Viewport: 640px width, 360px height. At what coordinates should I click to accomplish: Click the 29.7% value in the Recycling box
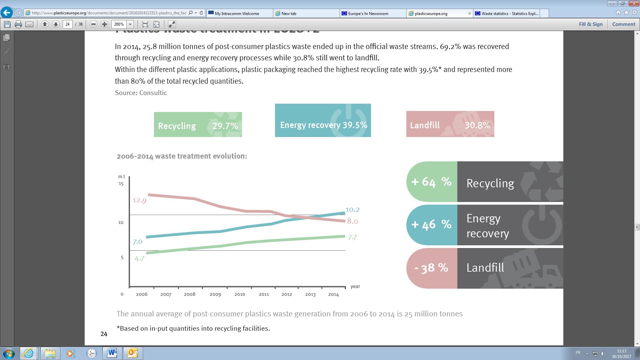(225, 126)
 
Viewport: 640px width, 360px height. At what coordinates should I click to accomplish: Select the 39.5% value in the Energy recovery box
(355, 125)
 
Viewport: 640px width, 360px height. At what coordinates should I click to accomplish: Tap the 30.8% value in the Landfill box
(477, 125)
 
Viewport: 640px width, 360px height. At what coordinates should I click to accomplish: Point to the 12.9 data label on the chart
(139, 200)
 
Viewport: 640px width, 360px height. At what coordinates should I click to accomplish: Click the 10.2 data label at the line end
(352, 210)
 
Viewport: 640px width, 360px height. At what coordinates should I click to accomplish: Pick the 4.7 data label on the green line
(139, 258)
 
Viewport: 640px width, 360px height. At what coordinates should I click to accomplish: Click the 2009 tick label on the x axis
(215, 294)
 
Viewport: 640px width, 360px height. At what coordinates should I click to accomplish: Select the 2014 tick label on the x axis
(333, 294)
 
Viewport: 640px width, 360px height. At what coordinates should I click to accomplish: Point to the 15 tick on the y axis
(121, 184)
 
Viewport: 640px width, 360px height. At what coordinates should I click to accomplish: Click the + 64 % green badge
(431, 182)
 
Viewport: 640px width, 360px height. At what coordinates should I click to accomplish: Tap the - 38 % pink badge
(431, 268)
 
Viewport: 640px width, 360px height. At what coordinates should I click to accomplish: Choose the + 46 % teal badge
(431, 224)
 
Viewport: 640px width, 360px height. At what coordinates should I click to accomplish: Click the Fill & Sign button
(591, 24)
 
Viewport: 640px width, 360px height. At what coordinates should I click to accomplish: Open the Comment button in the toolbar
(623, 24)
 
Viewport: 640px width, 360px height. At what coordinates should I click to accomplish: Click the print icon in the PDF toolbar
(18, 24)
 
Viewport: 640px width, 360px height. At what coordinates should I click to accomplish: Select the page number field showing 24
(68, 24)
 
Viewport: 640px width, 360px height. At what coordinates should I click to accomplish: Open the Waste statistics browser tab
(509, 13)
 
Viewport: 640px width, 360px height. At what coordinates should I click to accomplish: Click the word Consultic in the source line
(153, 93)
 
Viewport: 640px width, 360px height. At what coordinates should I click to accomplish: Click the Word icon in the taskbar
(112, 353)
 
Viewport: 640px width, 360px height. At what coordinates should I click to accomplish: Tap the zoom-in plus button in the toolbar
(104, 24)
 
